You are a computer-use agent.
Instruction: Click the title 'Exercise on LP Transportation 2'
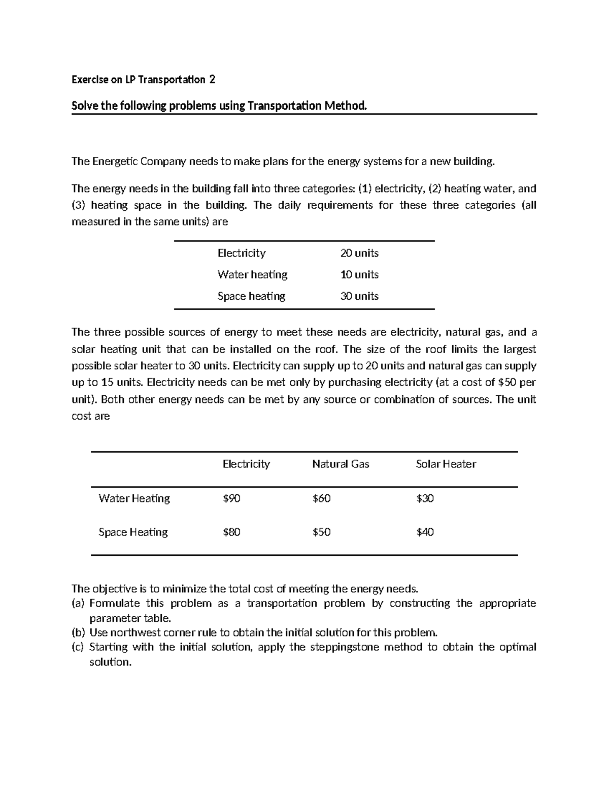(143, 80)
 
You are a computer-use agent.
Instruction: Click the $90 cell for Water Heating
(231, 498)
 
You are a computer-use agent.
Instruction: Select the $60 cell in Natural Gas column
(321, 498)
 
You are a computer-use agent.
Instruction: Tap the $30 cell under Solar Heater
(425, 498)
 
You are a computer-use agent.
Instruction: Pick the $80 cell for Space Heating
(231, 532)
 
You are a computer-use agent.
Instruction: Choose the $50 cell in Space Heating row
(321, 532)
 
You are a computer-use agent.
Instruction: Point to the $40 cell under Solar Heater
(425, 532)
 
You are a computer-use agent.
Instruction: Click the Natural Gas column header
(341, 464)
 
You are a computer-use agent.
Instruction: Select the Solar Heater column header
(446, 464)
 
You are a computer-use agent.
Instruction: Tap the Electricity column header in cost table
(246, 464)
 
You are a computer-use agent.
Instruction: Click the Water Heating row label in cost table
(134, 498)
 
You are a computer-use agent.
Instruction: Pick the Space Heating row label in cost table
(133, 532)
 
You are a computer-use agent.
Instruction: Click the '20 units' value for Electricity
(359, 253)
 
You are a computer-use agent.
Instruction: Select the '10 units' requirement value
(359, 274)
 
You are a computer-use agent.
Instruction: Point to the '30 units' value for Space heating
(359, 296)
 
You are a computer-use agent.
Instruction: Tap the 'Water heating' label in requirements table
(252, 274)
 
